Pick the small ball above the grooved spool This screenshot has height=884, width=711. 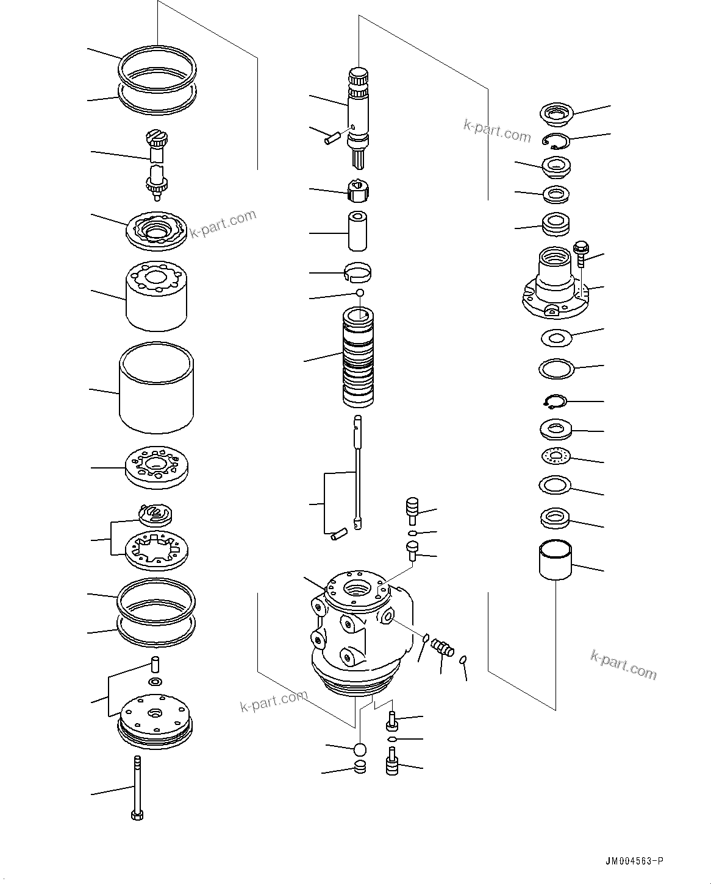361,294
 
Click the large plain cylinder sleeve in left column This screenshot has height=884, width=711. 157,387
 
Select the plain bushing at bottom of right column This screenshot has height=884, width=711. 555,560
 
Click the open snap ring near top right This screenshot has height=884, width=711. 555,141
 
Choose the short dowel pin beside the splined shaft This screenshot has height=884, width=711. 333,138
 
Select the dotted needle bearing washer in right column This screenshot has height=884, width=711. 555,455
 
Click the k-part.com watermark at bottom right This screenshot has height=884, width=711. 623,664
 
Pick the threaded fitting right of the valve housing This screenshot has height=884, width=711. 442,647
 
